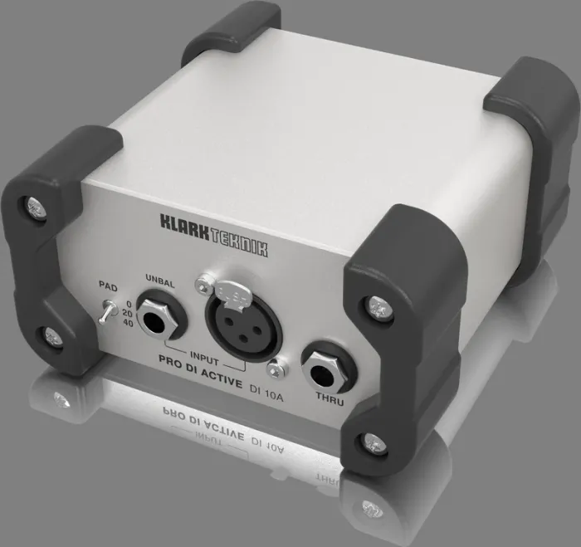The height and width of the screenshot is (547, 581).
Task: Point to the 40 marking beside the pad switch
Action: pyautogui.click(x=127, y=324)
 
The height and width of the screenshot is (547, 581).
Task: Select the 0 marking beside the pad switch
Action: pyautogui.click(x=129, y=304)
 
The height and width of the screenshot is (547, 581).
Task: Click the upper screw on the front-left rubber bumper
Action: pyautogui.click(x=35, y=204)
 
